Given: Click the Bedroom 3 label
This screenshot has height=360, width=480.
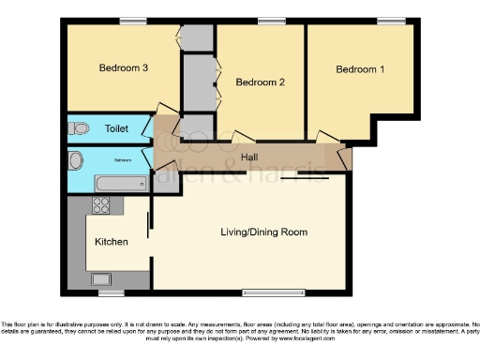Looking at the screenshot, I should point(125,67).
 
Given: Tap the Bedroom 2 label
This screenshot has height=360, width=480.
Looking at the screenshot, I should point(260,82).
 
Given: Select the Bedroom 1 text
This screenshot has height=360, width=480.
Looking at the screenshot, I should point(360,69).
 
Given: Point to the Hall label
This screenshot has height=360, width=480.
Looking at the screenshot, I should point(249,157).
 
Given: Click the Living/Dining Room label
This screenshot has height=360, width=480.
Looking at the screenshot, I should point(263,232).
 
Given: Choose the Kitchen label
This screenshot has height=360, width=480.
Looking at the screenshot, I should point(112,241).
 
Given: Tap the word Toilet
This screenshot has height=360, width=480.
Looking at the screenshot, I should point(117,128).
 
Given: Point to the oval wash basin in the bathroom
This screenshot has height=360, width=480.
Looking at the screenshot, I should point(76,160).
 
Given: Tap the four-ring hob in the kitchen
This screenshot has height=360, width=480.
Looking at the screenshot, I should point(100,206).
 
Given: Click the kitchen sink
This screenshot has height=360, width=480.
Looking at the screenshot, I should point(100,277).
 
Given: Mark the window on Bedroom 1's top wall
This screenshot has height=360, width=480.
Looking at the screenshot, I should point(392,22).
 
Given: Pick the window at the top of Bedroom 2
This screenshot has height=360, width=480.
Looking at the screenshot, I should point(272,22).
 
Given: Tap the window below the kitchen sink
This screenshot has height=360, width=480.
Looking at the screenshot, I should point(112,292).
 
